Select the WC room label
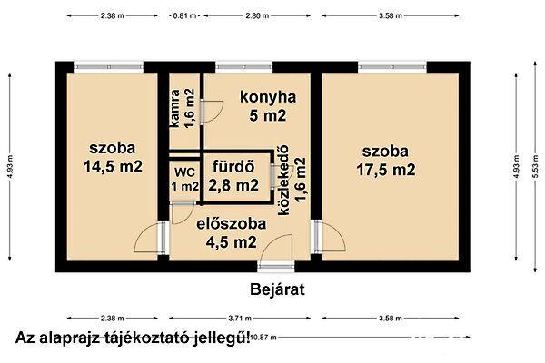[x=184, y=171]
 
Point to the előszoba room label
[x=231, y=222]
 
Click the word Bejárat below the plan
[x=275, y=290]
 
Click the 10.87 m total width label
[x=262, y=338]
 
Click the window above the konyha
[x=236, y=64]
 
